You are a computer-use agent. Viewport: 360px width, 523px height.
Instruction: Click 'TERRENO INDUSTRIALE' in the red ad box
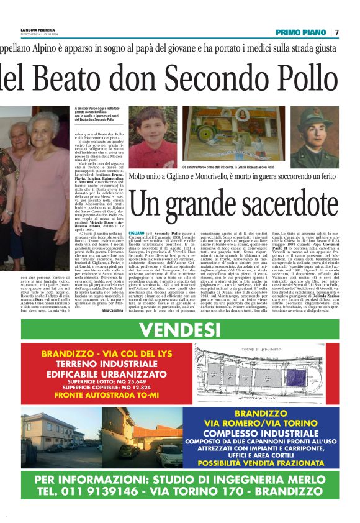click(x=101, y=364)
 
